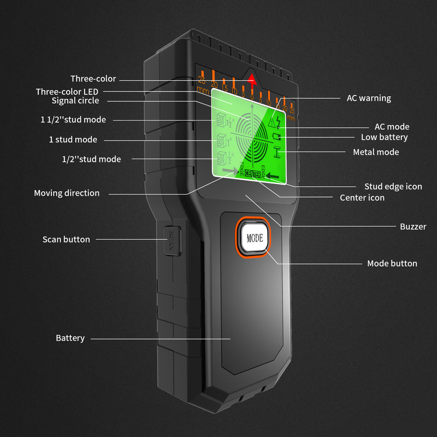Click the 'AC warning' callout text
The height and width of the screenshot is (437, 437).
[369, 98]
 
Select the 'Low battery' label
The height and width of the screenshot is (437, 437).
[384, 137]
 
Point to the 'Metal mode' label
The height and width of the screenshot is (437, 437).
[376, 152]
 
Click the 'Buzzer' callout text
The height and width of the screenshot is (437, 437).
[413, 226]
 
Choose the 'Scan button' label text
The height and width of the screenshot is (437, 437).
[66, 239]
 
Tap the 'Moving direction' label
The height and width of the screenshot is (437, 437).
[67, 193]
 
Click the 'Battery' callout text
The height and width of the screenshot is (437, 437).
[70, 338]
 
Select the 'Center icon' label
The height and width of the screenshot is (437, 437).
[362, 197]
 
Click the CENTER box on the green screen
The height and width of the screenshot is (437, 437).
[253, 174]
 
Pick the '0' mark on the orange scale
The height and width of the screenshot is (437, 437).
[252, 97]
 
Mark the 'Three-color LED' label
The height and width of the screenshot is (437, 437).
[67, 91]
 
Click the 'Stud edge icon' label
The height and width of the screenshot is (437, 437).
[393, 186]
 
